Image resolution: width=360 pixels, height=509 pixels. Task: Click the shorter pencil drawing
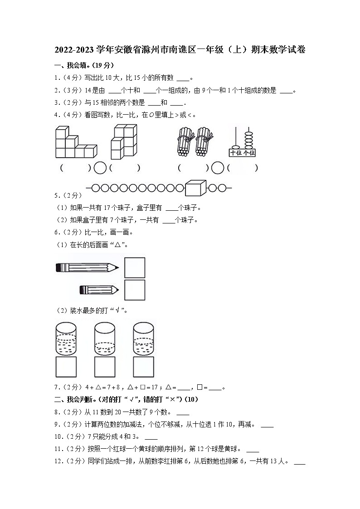[x=99, y=290]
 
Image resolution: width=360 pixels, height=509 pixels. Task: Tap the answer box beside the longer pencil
[x=135, y=267]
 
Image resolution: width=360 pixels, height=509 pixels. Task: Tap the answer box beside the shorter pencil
[x=135, y=290]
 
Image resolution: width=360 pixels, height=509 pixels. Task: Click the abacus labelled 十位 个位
[x=242, y=142]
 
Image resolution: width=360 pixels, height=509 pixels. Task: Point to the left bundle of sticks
[x=185, y=141]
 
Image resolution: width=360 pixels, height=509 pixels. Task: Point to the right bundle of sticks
[x=204, y=141]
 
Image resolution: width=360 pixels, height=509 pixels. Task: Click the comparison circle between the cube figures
[x=100, y=168]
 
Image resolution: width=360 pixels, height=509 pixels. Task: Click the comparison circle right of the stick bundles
[x=218, y=168]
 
